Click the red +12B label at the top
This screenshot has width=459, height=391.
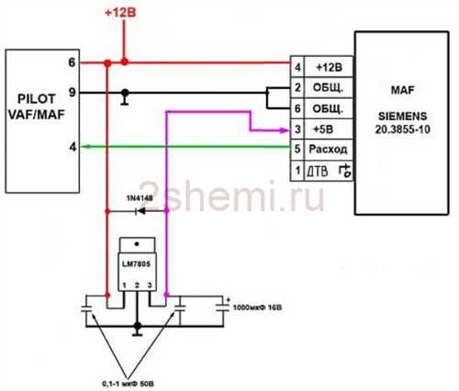tap(120, 13)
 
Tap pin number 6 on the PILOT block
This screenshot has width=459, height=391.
tap(72, 62)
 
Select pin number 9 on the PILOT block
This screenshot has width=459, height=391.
tap(72, 92)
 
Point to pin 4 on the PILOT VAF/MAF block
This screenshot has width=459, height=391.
tap(73, 147)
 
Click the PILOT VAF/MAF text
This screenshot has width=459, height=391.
tap(37, 106)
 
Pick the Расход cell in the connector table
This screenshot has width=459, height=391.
tap(328, 150)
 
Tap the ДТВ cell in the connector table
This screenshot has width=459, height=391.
tap(328, 171)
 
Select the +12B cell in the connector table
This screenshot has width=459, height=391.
tap(329, 67)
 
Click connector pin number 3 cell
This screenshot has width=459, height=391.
tap(297, 129)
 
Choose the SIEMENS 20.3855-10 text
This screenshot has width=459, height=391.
tap(402, 123)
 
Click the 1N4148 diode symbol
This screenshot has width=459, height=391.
tap(140, 211)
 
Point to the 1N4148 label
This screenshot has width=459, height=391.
tap(140, 198)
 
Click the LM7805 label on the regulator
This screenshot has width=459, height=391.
tap(137, 263)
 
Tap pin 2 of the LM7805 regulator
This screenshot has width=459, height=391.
tap(137, 285)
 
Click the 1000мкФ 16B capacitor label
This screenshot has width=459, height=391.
tap(257, 307)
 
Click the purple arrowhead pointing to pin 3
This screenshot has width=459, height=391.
tap(284, 130)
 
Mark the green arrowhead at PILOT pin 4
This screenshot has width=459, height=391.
tap(85, 147)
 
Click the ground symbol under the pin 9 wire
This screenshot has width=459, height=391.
tap(125, 98)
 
